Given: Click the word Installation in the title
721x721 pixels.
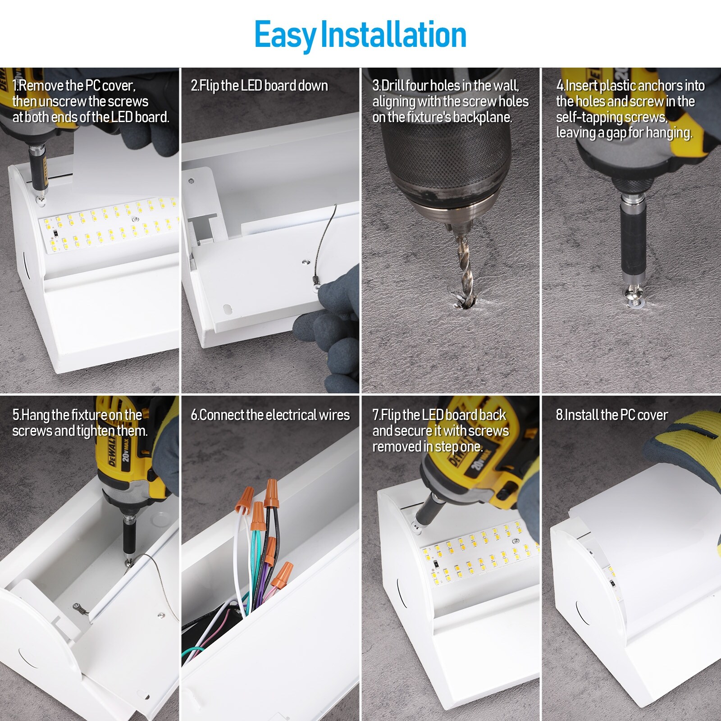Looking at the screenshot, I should tap(393, 35).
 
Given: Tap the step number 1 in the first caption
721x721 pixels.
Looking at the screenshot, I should tap(14, 86).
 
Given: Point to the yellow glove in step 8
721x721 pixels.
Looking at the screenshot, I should tap(680, 446).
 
